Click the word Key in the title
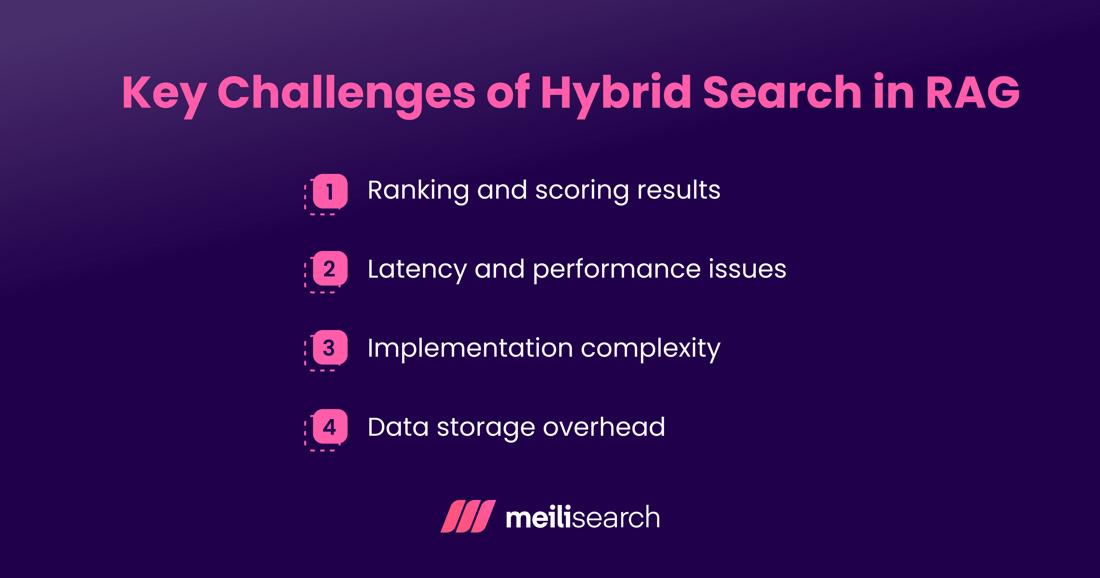[x=164, y=93]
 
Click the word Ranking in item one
[x=418, y=190]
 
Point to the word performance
[x=617, y=269]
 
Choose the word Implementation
[x=470, y=348]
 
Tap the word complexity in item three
[x=650, y=348]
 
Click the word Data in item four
[x=398, y=427]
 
